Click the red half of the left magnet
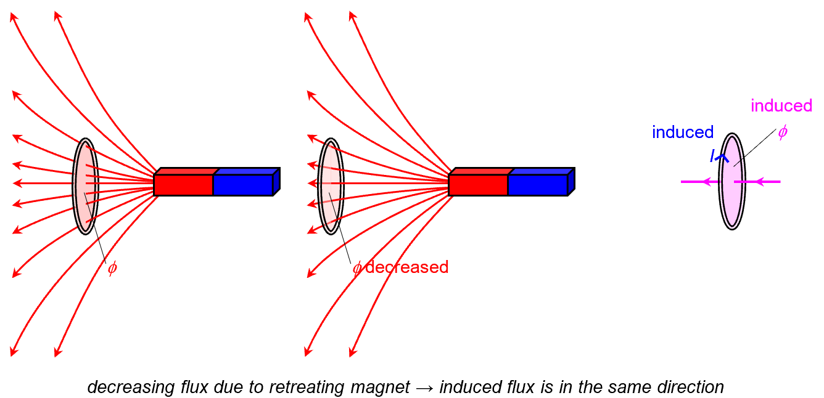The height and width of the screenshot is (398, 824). point(183,185)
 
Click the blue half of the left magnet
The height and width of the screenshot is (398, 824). point(243,185)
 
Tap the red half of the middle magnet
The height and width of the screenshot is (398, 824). point(478,185)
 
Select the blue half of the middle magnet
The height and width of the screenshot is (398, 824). point(538,185)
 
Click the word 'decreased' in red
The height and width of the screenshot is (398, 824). point(406,267)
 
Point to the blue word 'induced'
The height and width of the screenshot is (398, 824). point(683,132)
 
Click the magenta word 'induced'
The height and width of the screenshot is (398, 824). point(781,106)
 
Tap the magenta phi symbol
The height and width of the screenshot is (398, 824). point(782,132)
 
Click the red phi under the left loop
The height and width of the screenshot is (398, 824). point(112,269)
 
